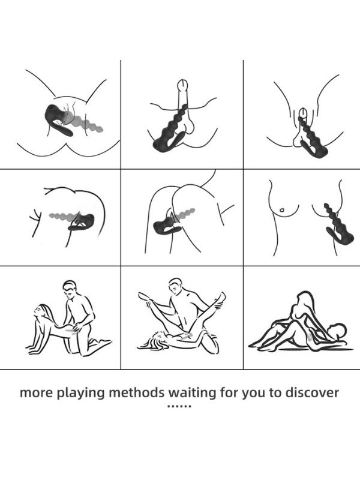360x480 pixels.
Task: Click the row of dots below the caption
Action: pyautogui.click(x=179, y=407)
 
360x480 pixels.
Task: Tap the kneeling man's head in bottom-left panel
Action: pyautogui.click(x=70, y=289)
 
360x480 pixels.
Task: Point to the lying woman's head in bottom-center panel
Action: pyautogui.click(x=157, y=338)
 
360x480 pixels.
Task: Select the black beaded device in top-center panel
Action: pyautogui.click(x=170, y=131)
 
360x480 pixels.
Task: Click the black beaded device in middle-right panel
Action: pyautogui.click(x=339, y=225)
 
